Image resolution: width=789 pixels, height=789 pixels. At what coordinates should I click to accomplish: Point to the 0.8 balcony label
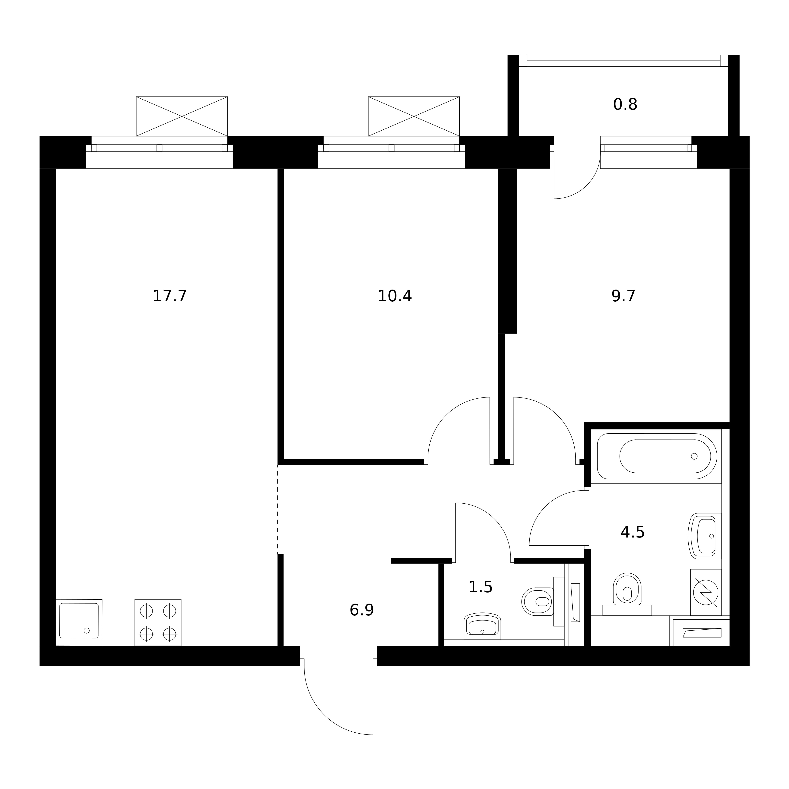[625, 105]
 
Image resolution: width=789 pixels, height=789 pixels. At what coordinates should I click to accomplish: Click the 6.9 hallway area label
[361, 610]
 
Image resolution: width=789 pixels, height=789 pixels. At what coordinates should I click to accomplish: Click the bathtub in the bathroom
[657, 456]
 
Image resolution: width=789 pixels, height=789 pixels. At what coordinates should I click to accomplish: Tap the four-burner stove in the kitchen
[158, 622]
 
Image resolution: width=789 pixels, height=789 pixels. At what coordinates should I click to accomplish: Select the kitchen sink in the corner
[79, 622]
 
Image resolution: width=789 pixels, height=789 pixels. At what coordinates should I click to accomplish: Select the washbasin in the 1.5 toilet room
[482, 626]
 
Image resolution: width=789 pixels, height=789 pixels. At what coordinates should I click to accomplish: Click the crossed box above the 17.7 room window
[182, 116]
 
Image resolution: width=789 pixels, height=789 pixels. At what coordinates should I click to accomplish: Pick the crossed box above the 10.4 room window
[414, 116]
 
